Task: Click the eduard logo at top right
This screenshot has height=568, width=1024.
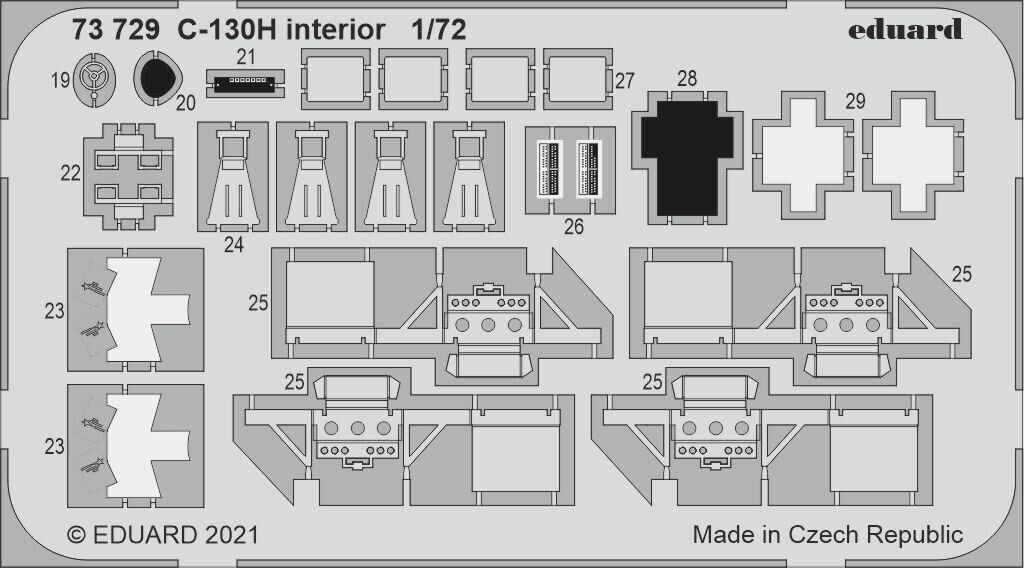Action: click(x=905, y=29)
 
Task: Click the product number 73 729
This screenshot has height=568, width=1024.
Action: click(x=115, y=30)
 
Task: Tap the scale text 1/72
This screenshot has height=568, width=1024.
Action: click(x=438, y=30)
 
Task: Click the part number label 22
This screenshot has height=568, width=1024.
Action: click(x=70, y=173)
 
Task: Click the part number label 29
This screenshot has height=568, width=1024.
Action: click(x=854, y=101)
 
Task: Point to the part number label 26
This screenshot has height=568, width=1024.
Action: click(x=573, y=227)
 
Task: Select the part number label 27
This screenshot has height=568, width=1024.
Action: click(x=625, y=81)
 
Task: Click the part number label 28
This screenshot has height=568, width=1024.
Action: click(x=686, y=78)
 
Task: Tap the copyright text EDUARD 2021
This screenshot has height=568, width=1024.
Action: click(x=162, y=535)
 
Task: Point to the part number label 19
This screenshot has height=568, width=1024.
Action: click(x=59, y=80)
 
